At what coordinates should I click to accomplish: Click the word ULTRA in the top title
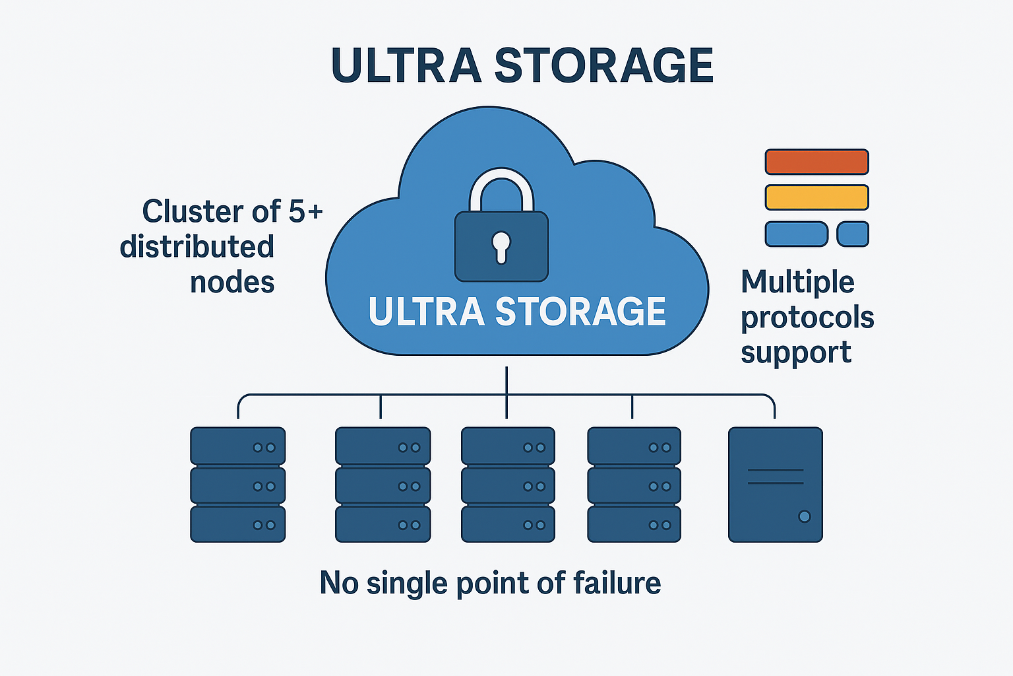pyautogui.click(x=406, y=66)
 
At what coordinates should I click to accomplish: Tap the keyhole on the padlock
pyautogui.click(x=501, y=246)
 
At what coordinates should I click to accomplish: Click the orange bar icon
pyautogui.click(x=816, y=162)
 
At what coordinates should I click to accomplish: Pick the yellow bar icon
pyautogui.click(x=816, y=197)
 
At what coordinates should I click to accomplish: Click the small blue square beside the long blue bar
pyautogui.click(x=852, y=234)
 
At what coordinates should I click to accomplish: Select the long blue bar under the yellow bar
pyautogui.click(x=796, y=234)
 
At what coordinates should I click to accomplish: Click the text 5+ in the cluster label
pyautogui.click(x=306, y=212)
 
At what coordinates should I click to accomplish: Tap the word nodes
pyautogui.click(x=232, y=283)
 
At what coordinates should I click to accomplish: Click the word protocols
pyautogui.click(x=807, y=318)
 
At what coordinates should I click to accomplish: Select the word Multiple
pyautogui.click(x=797, y=283)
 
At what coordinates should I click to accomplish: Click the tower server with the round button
pyautogui.click(x=775, y=485)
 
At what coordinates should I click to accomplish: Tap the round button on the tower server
pyautogui.click(x=804, y=516)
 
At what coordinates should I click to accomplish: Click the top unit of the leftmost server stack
pyautogui.click(x=237, y=446)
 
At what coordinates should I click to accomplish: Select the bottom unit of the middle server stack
pyautogui.click(x=508, y=524)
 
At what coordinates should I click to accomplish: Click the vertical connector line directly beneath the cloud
pyautogui.click(x=506, y=381)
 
